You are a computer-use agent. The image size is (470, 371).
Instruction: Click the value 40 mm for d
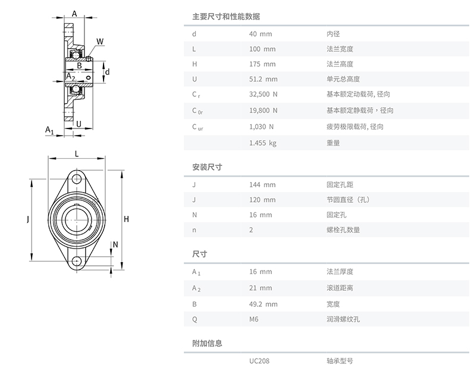(x=261, y=34)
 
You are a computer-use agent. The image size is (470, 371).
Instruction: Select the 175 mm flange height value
(x=262, y=64)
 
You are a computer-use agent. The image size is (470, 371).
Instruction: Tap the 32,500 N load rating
(x=263, y=95)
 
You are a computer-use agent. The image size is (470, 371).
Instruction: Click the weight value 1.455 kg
(x=262, y=143)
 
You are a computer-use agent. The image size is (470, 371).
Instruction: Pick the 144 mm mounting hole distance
(x=262, y=185)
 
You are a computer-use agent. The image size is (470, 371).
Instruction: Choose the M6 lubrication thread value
(x=253, y=319)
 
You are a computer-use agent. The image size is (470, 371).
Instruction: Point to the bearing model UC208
(x=259, y=361)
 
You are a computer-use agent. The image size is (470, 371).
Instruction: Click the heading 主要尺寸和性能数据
(x=226, y=17)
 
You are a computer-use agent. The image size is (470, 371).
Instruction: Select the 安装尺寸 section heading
(x=207, y=167)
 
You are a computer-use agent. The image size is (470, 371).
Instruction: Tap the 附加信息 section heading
(x=207, y=343)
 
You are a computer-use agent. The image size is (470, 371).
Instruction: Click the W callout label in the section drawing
(x=100, y=42)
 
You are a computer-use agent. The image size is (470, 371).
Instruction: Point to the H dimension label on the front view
(x=126, y=219)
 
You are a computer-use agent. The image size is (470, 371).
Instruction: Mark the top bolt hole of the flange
(x=77, y=179)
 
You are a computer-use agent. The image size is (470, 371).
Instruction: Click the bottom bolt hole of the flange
(x=77, y=261)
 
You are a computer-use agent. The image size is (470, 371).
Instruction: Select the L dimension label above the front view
(x=77, y=154)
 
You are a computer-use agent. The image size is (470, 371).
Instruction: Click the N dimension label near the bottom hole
(x=115, y=244)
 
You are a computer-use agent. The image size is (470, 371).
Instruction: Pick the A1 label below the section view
(x=49, y=130)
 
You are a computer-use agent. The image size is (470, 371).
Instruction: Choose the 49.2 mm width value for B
(x=263, y=304)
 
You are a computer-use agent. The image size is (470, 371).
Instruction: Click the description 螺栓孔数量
(x=343, y=229)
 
